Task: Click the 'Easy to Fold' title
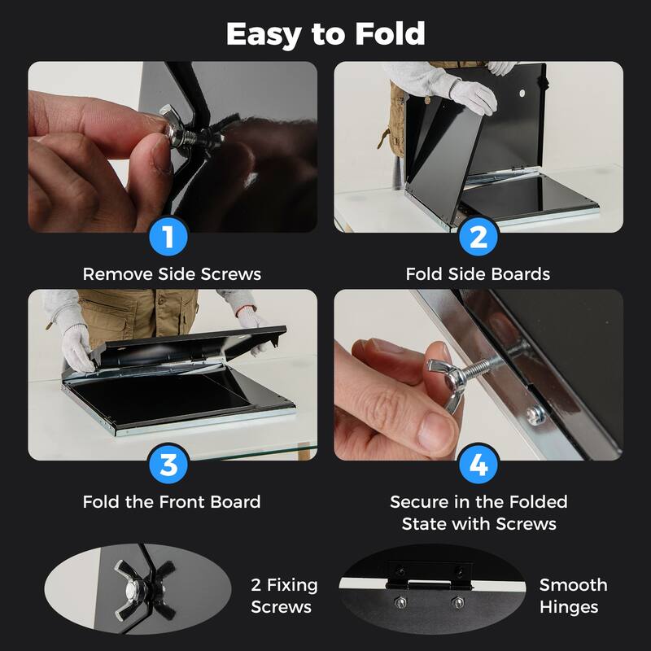pyautogui.click(x=325, y=34)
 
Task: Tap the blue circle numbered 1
pyautogui.click(x=168, y=237)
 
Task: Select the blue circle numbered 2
pyautogui.click(x=478, y=237)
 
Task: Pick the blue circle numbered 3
pyautogui.click(x=168, y=465)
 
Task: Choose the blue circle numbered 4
pyautogui.click(x=478, y=465)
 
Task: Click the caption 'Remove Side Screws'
pyautogui.click(x=172, y=274)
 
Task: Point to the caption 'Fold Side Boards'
pyautogui.click(x=478, y=274)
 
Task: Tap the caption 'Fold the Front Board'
pyautogui.click(x=172, y=502)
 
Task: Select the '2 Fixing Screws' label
pyautogui.click(x=284, y=596)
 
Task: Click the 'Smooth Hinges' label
pyautogui.click(x=573, y=596)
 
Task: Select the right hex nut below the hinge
pyautogui.click(x=457, y=603)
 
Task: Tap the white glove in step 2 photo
pyautogui.click(x=473, y=95)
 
